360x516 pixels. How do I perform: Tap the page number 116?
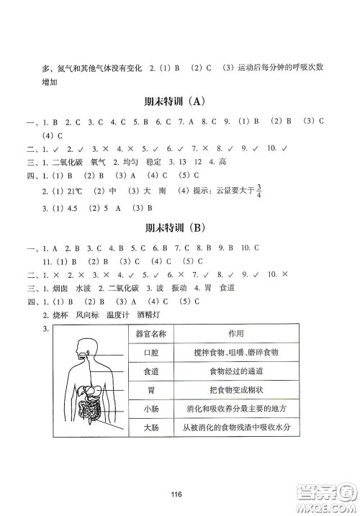point(179,493)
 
